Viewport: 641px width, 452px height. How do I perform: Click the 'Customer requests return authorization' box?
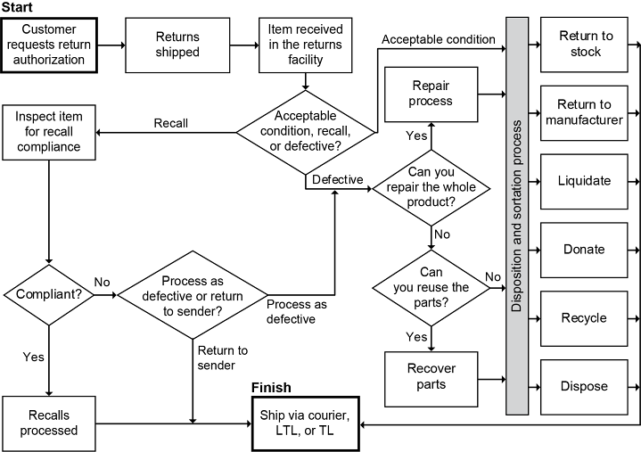[x=49, y=45]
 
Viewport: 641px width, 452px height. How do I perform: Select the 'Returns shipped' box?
[x=177, y=45]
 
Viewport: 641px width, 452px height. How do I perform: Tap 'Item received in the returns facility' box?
[x=306, y=45]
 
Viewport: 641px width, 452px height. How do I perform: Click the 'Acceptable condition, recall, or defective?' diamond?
[x=305, y=132]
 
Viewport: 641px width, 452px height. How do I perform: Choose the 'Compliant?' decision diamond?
[x=49, y=292]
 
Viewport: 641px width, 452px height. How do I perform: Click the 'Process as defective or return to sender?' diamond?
[x=193, y=292]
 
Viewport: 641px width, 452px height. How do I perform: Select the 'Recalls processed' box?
[x=48, y=423]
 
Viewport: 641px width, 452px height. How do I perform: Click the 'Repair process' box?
[x=431, y=93]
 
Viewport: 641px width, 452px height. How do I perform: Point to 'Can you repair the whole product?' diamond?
[x=431, y=187]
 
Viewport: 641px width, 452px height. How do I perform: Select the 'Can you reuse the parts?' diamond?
[x=431, y=287]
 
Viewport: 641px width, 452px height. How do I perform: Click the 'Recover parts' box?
[x=431, y=376]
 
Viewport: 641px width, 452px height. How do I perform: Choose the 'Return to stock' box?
[x=585, y=45]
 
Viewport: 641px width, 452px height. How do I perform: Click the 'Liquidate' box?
[x=585, y=181]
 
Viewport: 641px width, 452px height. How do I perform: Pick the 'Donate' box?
[x=585, y=250]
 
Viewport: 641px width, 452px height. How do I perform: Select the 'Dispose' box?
[x=585, y=387]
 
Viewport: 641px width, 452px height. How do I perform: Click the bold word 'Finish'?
[x=271, y=388]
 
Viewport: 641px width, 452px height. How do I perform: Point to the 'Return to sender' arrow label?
[x=223, y=357]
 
